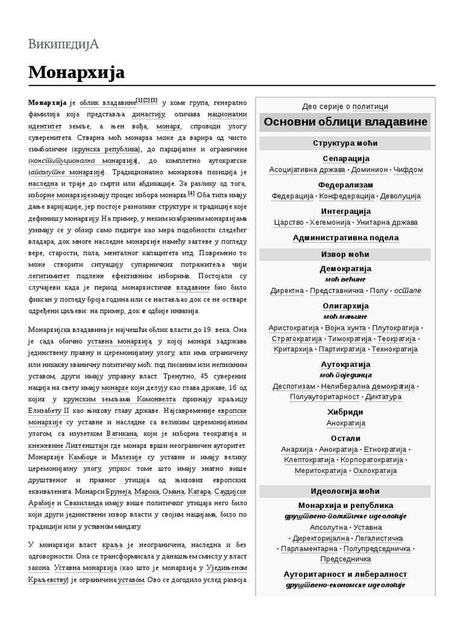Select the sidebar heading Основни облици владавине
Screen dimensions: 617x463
(345, 122)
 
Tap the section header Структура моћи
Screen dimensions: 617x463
(345, 143)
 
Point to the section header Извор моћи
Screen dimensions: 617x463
(345, 254)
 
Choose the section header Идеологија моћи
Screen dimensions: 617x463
(345, 491)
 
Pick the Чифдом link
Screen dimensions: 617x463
(408, 170)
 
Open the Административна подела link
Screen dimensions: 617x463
(345, 238)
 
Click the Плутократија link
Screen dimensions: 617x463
(395, 328)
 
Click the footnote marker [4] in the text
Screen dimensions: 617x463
(191, 193)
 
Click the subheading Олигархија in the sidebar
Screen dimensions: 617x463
(345, 307)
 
